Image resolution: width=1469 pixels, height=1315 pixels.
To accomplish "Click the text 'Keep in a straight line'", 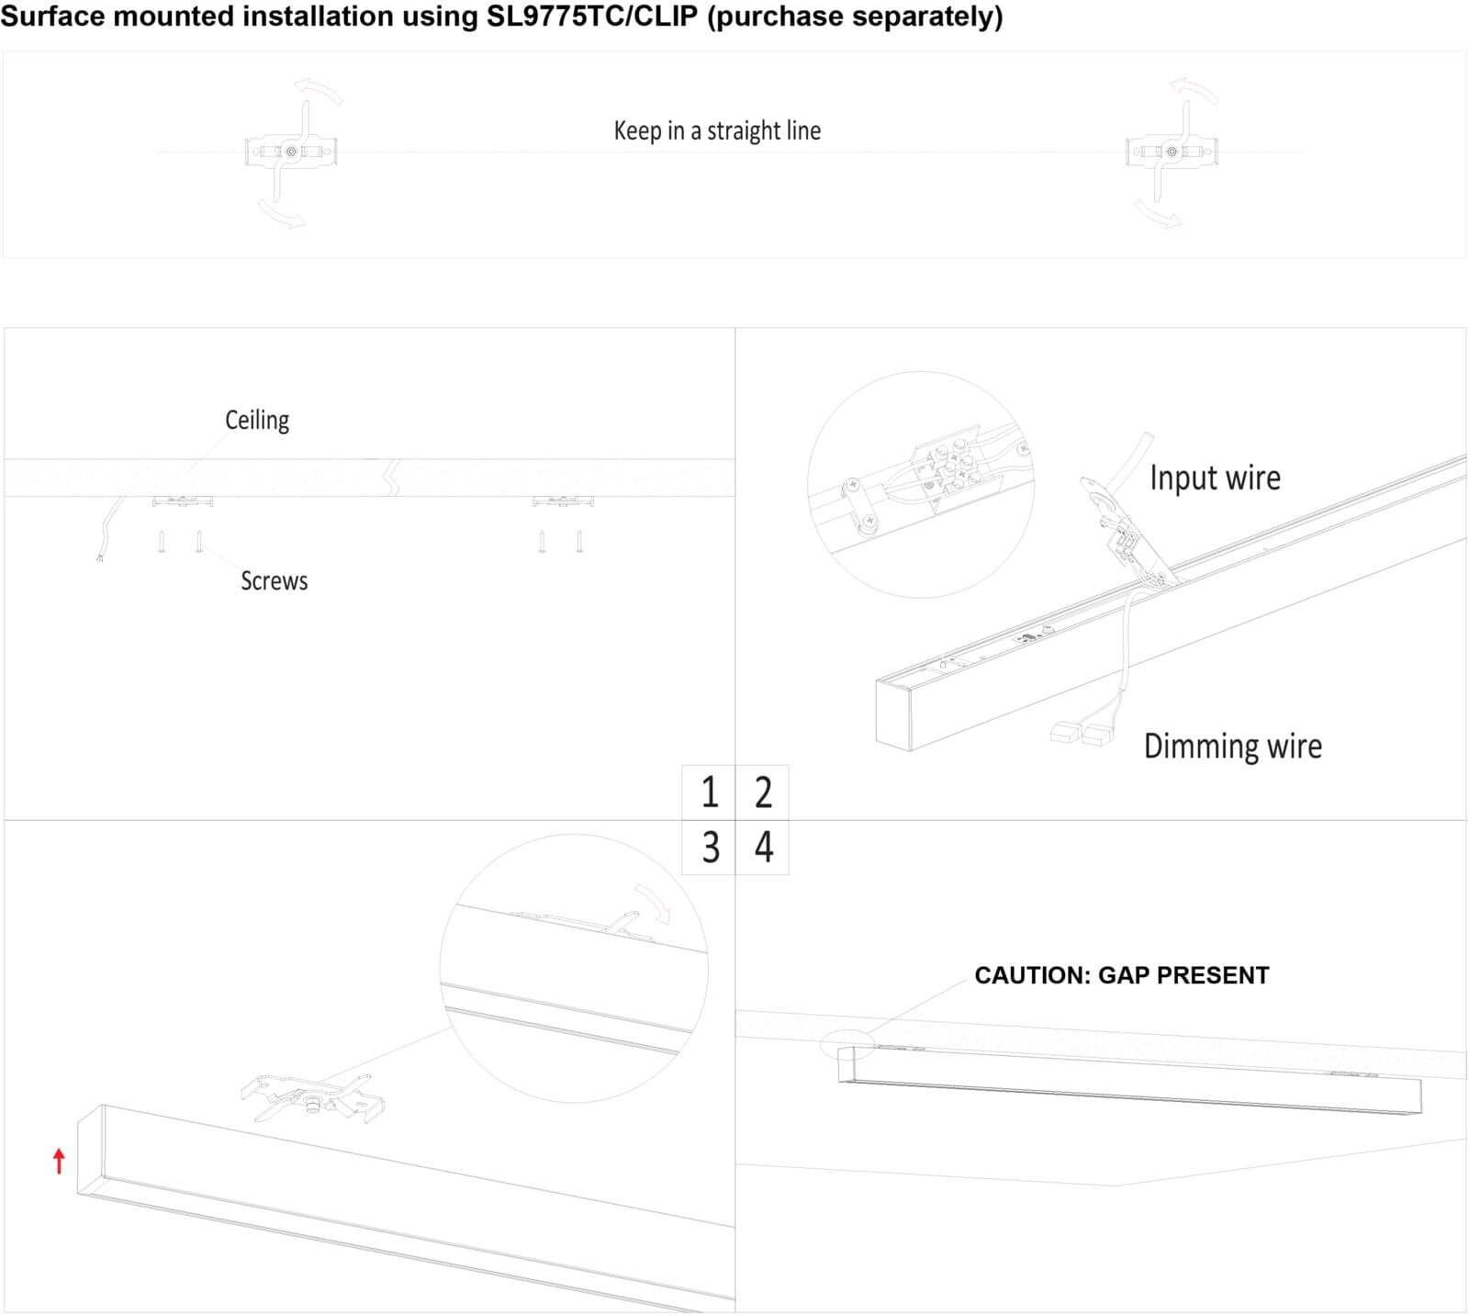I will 717,130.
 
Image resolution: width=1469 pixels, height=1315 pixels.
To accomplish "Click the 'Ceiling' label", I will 257,421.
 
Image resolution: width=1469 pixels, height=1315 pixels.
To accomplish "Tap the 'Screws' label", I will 274,581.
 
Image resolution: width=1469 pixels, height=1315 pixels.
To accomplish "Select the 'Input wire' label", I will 1215,478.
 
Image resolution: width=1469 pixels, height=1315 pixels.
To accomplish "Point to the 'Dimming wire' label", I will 1232,747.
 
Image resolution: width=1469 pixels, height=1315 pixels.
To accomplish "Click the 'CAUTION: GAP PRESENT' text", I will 1121,975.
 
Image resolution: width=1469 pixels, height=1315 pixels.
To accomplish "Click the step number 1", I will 710,792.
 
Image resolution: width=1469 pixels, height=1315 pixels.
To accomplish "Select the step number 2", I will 763,792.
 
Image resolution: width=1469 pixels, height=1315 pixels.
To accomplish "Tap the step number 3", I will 710,848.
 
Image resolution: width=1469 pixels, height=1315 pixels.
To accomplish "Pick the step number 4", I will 763,848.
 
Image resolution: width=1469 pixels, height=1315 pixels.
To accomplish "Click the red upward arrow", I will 60,1161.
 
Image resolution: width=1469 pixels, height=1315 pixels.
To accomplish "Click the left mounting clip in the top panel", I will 291,152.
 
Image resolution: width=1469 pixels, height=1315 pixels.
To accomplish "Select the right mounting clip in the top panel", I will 1171,152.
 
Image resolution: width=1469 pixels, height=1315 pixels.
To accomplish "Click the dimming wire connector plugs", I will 1081,733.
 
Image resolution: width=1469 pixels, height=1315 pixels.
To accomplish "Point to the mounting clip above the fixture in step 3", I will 312,1097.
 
